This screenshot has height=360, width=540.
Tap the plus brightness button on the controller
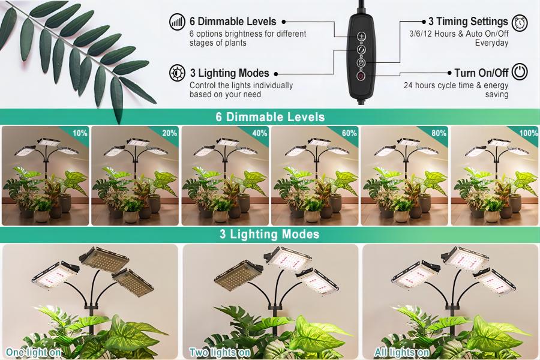tap(361, 37)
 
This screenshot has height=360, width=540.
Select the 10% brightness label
tap(80, 133)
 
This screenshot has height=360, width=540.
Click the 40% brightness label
tap(260, 133)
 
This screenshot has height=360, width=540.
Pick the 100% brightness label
tap(528, 133)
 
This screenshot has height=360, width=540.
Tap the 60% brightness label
tap(349, 133)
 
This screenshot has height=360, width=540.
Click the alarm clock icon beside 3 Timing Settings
tap(520, 23)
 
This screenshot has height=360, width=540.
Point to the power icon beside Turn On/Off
tap(520, 71)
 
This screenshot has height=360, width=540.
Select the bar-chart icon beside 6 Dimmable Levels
tap(178, 22)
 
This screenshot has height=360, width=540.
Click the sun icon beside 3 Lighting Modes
tap(178, 73)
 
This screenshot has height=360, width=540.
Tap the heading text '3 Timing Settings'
tap(468, 22)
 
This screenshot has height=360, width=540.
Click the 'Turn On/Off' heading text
tap(481, 73)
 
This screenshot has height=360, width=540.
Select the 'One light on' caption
tap(34, 352)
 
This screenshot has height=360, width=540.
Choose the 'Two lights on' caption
tap(220, 352)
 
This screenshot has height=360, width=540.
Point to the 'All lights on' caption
tap(401, 352)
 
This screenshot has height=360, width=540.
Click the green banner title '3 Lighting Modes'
tap(269, 234)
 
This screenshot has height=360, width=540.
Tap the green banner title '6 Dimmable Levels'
tap(271, 117)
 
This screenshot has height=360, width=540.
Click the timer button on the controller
tap(361, 62)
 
